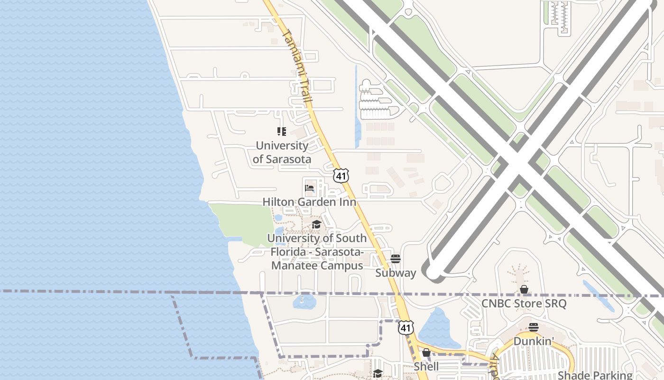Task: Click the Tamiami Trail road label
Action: [297, 67]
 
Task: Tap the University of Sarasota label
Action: [282, 152]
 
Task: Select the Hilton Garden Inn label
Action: [309, 202]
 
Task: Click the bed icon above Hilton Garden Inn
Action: [309, 188]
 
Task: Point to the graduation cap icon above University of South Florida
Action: [316, 224]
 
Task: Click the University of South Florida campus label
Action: [317, 252]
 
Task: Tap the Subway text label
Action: [396, 273]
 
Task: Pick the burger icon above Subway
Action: [396, 259]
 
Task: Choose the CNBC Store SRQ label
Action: [524, 303]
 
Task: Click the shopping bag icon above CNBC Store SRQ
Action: [524, 289]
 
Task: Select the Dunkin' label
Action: [534, 341]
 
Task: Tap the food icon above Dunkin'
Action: [534, 327]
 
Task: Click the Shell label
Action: [426, 366]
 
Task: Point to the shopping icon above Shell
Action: [426, 352]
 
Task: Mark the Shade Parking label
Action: [595, 375]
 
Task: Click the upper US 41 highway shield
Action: [341, 175]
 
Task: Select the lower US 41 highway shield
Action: [405, 327]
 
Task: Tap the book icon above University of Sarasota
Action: [282, 131]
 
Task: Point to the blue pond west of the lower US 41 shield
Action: [304, 301]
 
